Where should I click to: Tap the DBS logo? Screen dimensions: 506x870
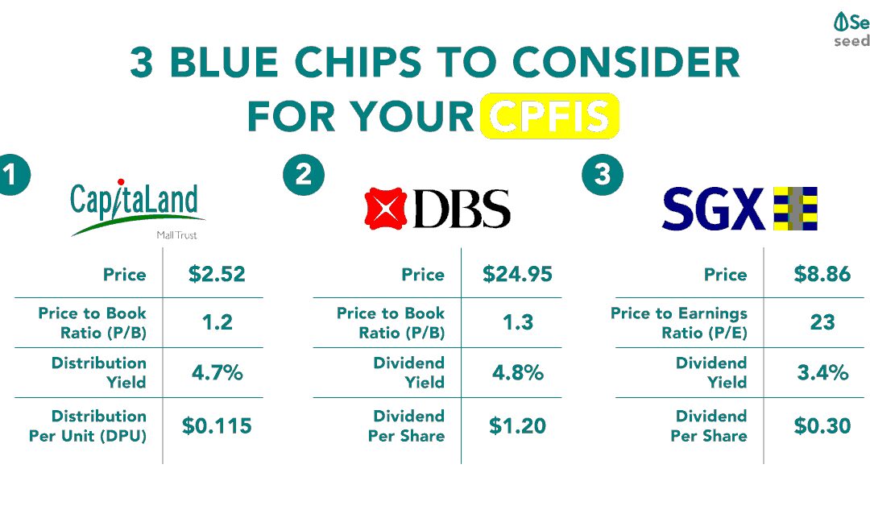[x=437, y=208]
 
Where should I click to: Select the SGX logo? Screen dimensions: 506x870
[x=739, y=208]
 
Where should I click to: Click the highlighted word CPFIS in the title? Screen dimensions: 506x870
[x=549, y=116]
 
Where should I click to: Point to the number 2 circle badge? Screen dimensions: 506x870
[x=303, y=176]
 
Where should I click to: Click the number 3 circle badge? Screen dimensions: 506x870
[x=602, y=176]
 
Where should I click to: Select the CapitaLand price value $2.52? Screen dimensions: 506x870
[x=217, y=274]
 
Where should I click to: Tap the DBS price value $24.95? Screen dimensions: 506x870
[x=517, y=274]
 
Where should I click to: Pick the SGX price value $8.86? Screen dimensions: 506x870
[x=822, y=274]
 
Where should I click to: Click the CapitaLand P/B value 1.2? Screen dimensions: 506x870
[x=217, y=323]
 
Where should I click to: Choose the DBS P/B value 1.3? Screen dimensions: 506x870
[x=517, y=323]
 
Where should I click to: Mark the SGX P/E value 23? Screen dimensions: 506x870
[x=822, y=323]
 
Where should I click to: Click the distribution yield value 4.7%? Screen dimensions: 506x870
[x=217, y=373]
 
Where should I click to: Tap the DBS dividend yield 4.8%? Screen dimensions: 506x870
[x=517, y=373]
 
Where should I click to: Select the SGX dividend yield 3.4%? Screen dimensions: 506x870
[x=822, y=373]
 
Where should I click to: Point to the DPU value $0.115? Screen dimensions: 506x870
[x=217, y=425]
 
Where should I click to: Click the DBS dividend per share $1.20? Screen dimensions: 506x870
[x=517, y=425]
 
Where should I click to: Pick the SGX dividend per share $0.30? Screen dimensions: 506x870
[x=822, y=425]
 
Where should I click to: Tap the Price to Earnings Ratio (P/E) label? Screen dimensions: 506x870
[x=679, y=323]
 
